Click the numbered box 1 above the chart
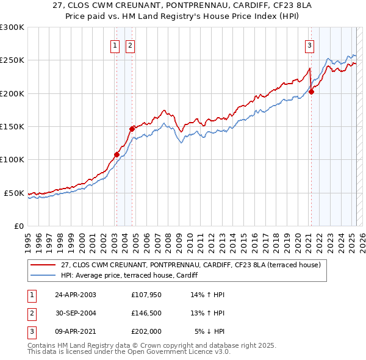(115, 45)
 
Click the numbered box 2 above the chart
(131, 45)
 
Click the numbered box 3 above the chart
(309, 45)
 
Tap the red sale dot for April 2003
(117, 154)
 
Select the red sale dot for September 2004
(132, 129)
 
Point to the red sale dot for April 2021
(311, 92)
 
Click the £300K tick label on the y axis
(12, 27)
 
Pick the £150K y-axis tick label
(12, 126)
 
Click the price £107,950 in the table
(145, 295)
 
